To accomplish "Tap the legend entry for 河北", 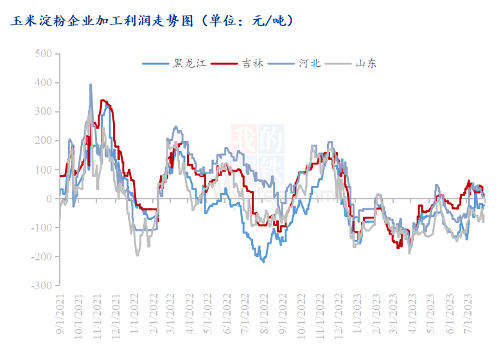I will coord(306,64).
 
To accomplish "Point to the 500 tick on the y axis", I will coord(43,54).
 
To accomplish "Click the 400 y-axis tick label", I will coord(43,83).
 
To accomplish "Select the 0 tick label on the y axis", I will coord(48,199).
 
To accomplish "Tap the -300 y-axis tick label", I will coord(41,285).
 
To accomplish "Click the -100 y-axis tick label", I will coord(41,228).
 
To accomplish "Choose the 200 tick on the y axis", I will coord(43,141).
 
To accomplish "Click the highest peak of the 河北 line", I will coord(91,84).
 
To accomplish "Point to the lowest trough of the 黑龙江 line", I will coord(263,262).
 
